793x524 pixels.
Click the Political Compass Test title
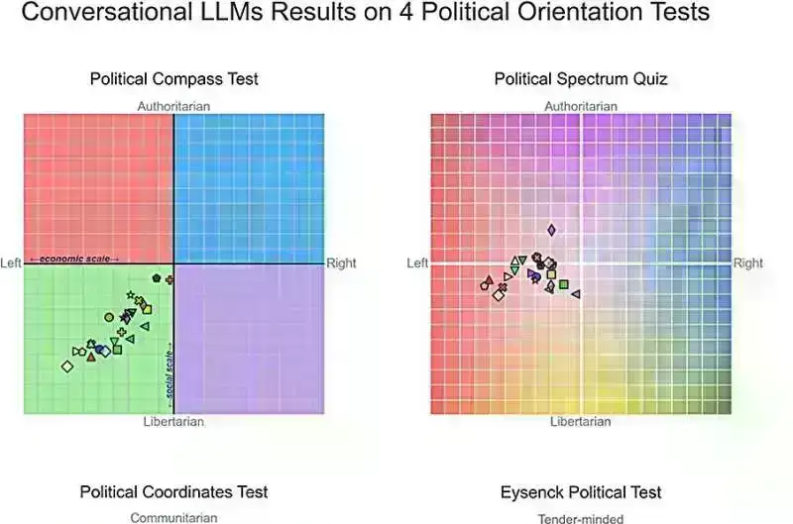(x=174, y=79)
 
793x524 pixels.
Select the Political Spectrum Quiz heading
(x=581, y=79)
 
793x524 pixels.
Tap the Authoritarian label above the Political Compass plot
(x=173, y=106)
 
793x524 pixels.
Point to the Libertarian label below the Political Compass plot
(x=173, y=422)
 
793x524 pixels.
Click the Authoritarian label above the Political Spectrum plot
(x=581, y=106)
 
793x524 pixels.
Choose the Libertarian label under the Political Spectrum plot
(x=581, y=422)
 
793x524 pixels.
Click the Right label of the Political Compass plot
(x=342, y=263)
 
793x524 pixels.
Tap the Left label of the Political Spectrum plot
(x=417, y=263)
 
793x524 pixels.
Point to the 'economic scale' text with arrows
(x=74, y=260)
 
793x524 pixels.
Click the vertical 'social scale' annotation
(x=170, y=376)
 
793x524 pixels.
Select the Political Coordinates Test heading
(x=174, y=492)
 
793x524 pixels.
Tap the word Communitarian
(x=173, y=517)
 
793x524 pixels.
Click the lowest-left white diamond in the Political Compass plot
(x=67, y=367)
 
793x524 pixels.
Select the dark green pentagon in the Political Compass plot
(x=157, y=278)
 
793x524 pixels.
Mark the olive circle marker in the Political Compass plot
(x=109, y=317)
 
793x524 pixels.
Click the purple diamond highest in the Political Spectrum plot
(x=551, y=230)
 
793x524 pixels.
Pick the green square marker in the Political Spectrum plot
(x=564, y=285)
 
